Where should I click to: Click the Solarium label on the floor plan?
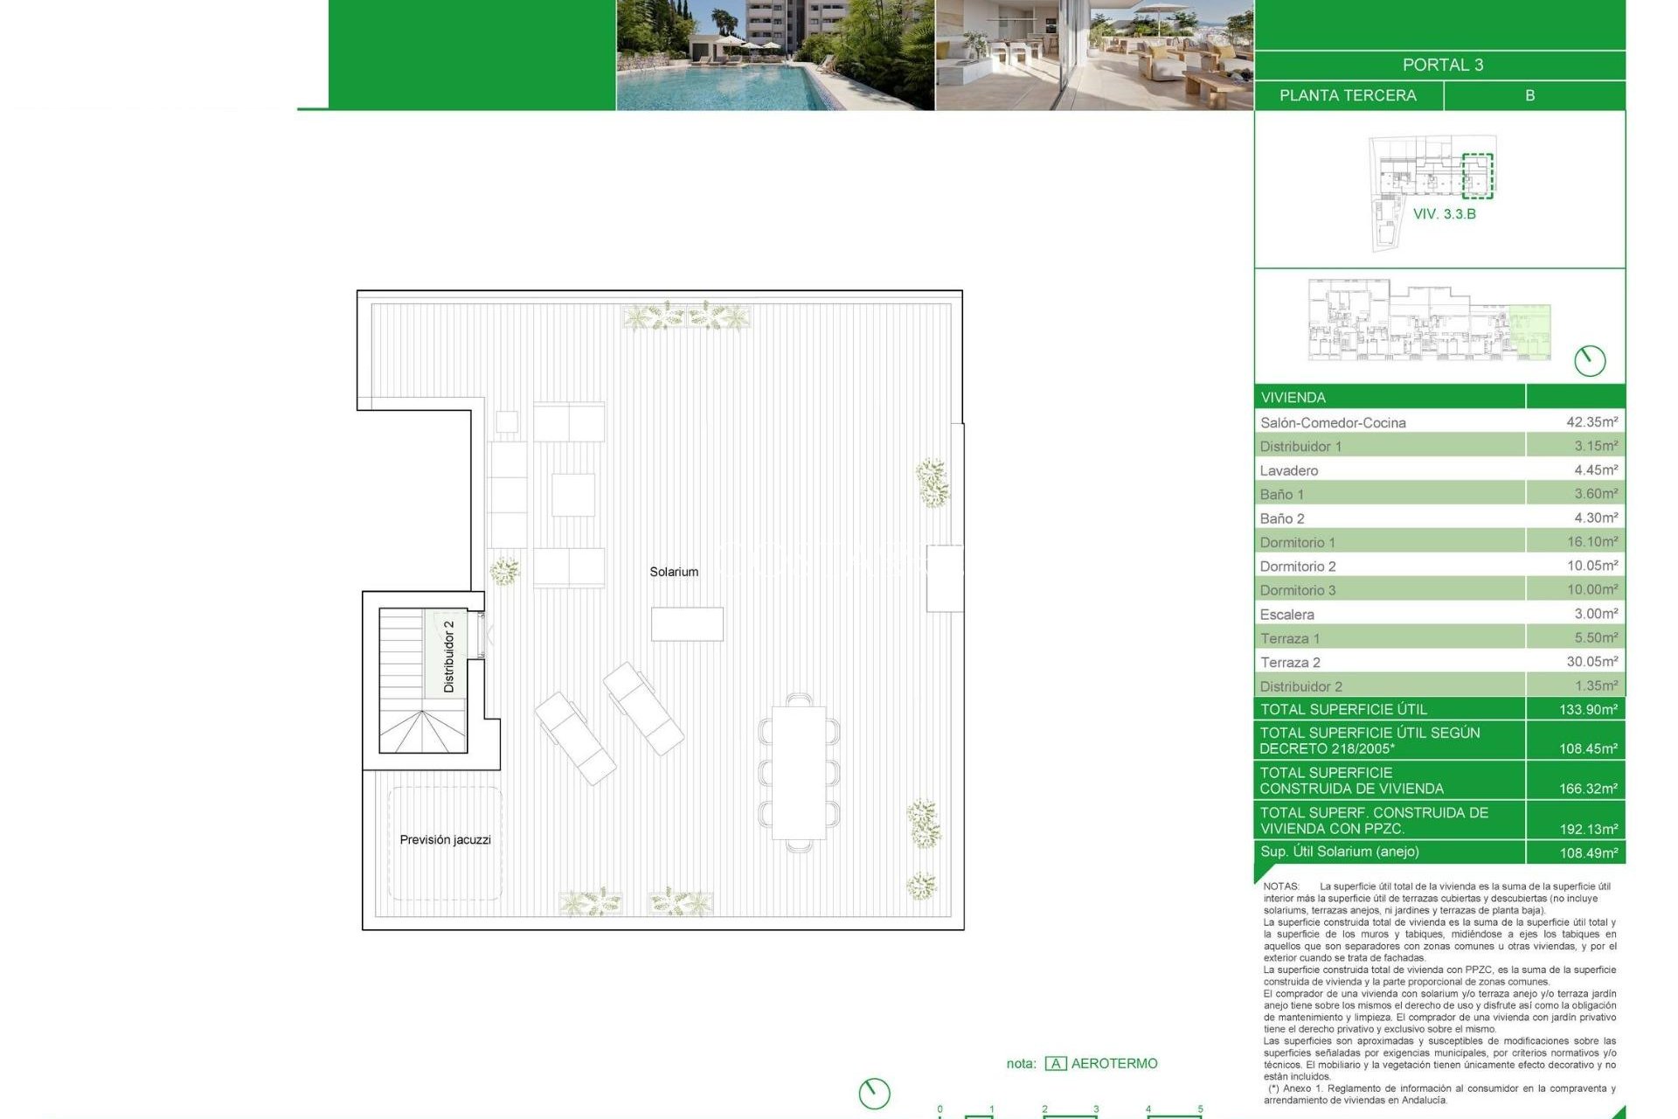coord(674,572)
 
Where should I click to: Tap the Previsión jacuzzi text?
coord(445,839)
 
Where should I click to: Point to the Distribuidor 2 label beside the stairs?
coord(448,657)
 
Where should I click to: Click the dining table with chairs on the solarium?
coord(799,773)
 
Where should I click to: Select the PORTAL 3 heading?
coord(1442,65)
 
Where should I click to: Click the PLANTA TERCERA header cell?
coord(1348,95)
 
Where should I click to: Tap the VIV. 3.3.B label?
coord(1444,214)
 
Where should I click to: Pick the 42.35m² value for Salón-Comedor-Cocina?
coord(1591,422)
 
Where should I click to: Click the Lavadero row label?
coord(1289,470)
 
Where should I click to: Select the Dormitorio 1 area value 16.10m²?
coord(1591,542)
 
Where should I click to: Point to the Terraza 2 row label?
coord(1290,663)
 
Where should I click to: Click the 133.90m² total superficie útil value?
coord(1588,709)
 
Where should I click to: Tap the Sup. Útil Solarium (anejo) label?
coord(1339,851)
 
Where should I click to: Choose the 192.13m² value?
coord(1588,829)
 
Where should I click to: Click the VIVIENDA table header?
coord(1293,398)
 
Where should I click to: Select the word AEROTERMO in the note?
coord(1114,1064)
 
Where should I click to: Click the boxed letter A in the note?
coord(1056,1064)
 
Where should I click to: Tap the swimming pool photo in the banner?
coord(775,55)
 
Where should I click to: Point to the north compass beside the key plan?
coord(1590,360)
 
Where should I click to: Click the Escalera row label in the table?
coord(1286,615)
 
